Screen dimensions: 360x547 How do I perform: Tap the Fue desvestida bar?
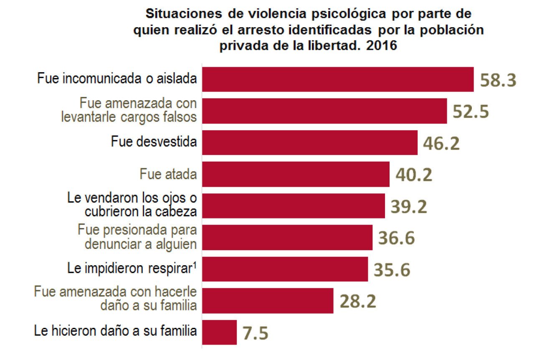pos(309,142)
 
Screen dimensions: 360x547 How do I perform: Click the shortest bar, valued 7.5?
pos(219,332)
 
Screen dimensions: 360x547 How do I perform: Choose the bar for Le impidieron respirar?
pos(285,269)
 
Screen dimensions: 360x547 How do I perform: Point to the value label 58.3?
pos(498,80)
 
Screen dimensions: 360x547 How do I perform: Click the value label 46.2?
pos(441,143)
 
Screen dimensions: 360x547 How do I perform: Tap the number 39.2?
pos(409,206)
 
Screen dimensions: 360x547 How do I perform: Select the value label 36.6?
pos(396,238)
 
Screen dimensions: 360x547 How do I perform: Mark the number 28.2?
pos(358,301)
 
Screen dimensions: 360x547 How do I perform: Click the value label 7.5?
pos(255,333)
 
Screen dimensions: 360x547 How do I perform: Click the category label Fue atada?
pos(168,174)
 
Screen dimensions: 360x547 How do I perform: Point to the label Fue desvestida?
pos(154,142)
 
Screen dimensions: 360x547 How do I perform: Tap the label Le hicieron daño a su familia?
pos(115,332)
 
